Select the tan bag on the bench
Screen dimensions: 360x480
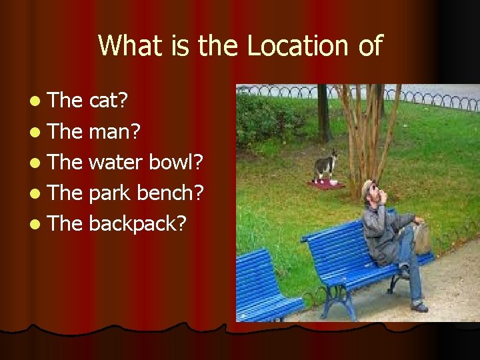click(422, 237)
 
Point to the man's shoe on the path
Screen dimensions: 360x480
click(419, 306)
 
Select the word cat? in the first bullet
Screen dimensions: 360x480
click(109, 100)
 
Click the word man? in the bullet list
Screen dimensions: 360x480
click(114, 131)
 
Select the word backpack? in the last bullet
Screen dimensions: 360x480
click(137, 223)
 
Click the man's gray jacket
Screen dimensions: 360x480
click(383, 233)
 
